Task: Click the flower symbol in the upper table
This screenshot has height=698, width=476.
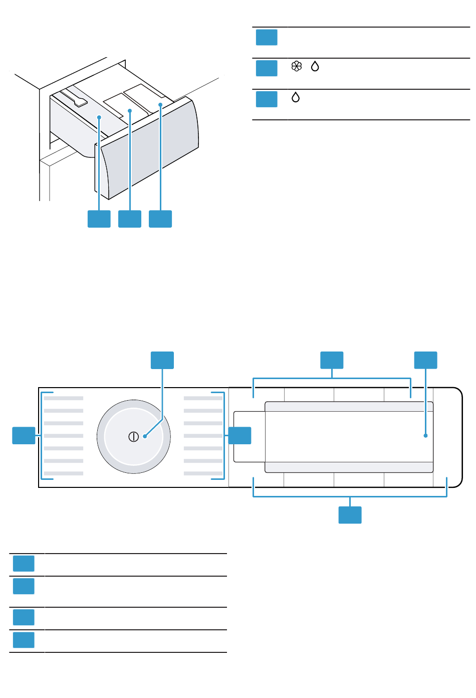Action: click(x=297, y=66)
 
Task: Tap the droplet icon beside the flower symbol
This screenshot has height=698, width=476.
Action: click(x=315, y=66)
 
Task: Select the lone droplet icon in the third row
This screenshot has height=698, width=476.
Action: click(x=296, y=97)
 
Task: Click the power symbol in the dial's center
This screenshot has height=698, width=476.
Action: click(x=133, y=436)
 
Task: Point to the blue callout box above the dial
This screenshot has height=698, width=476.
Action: click(x=162, y=360)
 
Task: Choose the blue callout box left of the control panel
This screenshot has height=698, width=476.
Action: click(x=24, y=435)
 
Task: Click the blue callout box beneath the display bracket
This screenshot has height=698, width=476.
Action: click(x=350, y=515)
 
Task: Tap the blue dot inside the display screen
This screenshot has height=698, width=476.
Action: click(x=425, y=435)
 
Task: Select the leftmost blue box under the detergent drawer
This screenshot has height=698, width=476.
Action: click(x=99, y=219)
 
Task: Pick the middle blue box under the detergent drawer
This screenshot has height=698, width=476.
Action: click(x=130, y=219)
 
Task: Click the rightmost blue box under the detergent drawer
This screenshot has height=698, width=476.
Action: click(x=160, y=219)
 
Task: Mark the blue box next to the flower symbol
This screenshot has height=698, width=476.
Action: click(x=267, y=68)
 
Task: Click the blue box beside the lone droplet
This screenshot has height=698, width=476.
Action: click(x=267, y=99)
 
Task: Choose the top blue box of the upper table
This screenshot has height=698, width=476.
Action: click(x=267, y=38)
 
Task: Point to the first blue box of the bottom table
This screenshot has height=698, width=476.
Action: click(x=24, y=563)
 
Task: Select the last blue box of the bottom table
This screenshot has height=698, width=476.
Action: click(x=24, y=640)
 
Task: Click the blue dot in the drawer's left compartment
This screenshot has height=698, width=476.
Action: click(x=99, y=117)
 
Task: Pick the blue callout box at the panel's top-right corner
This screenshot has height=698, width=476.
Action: click(x=425, y=360)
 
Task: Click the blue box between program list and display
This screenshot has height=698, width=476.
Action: click(x=240, y=435)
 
